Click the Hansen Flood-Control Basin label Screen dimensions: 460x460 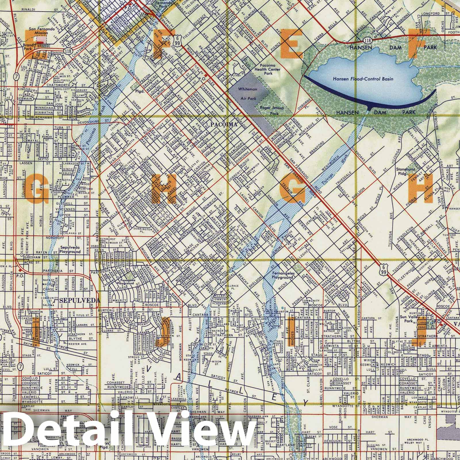[363, 78]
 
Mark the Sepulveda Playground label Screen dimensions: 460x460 [70, 249]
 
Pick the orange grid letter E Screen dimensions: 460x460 [291, 43]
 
